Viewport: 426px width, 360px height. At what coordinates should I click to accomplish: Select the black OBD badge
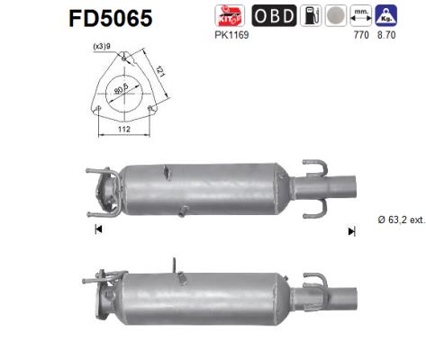coord(274,15)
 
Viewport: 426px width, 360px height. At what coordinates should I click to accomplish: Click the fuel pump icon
coord(309,15)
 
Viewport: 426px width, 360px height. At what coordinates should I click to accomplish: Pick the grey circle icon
coord(334,15)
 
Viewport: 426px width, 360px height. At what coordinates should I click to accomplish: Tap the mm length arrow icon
coord(362,15)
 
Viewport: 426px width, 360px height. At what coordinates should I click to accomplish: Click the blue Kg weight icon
coord(388,15)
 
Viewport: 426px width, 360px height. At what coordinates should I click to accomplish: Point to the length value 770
coord(362,36)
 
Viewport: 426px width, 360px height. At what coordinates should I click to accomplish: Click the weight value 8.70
coord(388,36)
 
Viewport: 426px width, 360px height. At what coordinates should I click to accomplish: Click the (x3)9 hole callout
coord(101,48)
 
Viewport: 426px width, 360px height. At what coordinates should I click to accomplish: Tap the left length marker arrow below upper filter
coord(97,230)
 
